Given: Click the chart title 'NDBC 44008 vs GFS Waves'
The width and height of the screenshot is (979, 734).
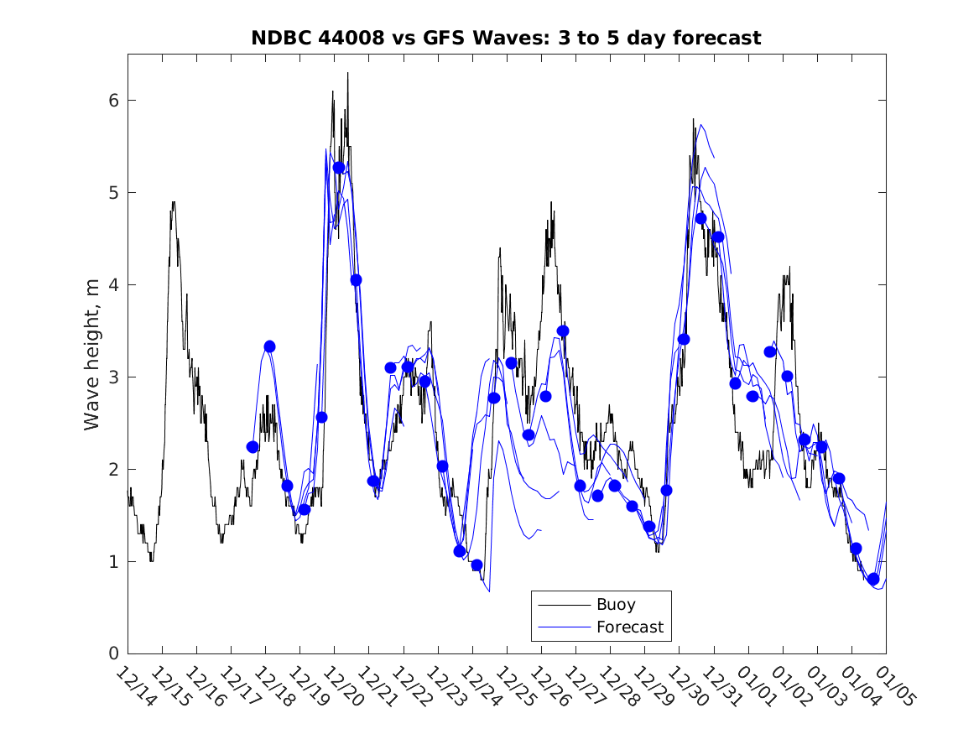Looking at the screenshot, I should click(x=506, y=38).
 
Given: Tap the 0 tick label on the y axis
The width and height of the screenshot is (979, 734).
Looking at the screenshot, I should click(x=112, y=653).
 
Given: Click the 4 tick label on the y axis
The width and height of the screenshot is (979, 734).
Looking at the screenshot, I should click(x=112, y=285).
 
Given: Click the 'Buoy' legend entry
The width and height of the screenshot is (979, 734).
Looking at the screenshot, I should click(x=616, y=604).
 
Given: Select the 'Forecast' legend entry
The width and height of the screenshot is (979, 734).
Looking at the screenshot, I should click(x=629, y=627).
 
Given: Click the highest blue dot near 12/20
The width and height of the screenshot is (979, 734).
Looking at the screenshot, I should click(x=339, y=168).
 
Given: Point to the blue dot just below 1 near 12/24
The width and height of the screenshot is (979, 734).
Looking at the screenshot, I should click(x=477, y=565).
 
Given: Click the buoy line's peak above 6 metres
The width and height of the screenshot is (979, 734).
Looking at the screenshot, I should click(x=347, y=73).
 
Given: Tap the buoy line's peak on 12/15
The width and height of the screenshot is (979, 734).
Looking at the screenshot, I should click(x=173, y=201).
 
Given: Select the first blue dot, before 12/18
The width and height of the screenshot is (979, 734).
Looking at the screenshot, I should click(x=253, y=447).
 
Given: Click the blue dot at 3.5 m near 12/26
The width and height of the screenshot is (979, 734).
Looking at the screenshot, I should click(x=563, y=331).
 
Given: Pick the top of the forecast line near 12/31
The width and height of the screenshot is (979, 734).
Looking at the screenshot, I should click(x=700, y=124).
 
